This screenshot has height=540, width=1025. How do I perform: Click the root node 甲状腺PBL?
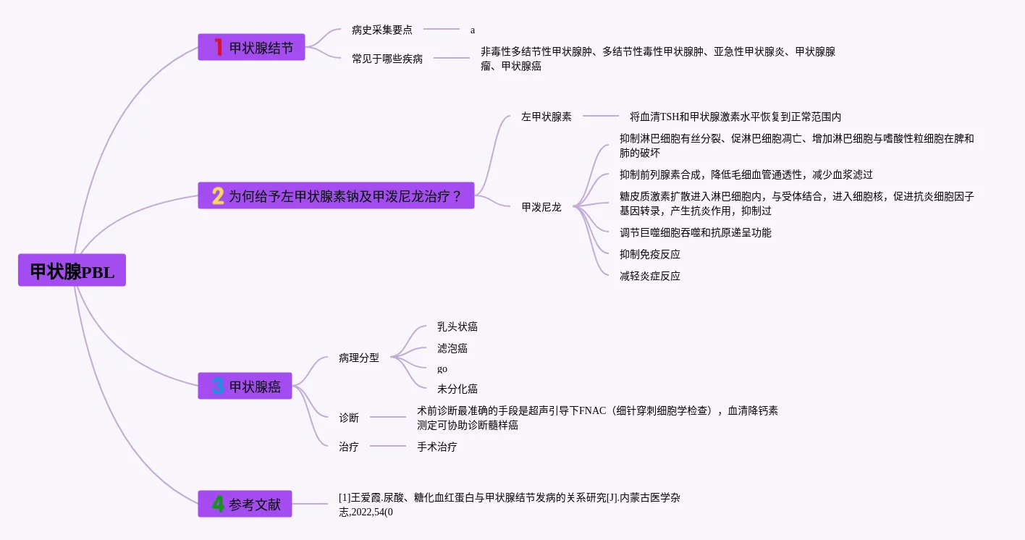pos(72,271)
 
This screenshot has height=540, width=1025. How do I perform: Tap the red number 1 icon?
pos(218,47)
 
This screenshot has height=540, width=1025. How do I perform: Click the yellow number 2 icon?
pos(218,195)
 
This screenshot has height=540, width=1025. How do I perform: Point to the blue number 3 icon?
pos(218,386)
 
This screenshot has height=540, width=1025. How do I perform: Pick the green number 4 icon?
pos(218,504)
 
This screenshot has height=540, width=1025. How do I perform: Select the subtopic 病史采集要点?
pos(382,30)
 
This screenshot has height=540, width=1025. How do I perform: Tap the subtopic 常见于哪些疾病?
pos(387,59)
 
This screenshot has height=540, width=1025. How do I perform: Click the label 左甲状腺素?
pos(547,117)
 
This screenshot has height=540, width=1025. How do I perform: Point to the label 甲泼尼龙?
pos(541,207)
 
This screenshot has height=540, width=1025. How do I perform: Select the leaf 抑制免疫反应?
pos(650,254)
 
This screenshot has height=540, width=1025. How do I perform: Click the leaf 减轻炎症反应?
pos(650,276)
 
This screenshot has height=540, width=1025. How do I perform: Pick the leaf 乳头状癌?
pos(457,326)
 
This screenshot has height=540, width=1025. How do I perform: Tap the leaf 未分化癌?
pos(457,389)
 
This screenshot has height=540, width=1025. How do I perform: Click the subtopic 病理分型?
pos(359,358)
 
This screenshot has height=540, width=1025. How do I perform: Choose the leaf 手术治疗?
pos(437,447)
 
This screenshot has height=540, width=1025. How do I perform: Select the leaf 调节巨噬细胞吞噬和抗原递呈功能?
pos(696,232)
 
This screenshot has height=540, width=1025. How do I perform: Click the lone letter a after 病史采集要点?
pos(473,30)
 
